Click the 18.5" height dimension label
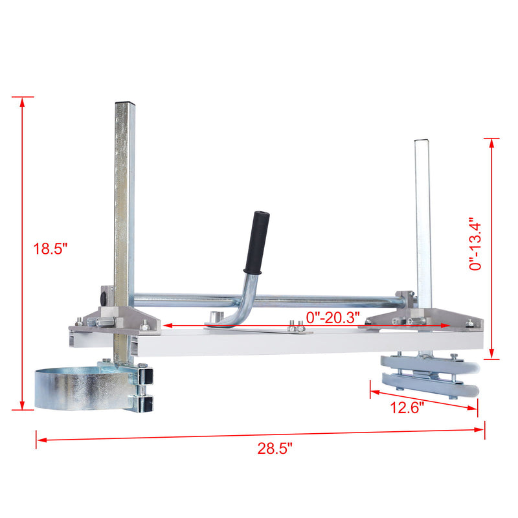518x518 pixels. click(x=51, y=249)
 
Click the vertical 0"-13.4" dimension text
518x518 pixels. click(x=477, y=244)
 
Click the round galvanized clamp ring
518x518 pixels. click(x=76, y=388)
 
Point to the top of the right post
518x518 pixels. click(x=422, y=141)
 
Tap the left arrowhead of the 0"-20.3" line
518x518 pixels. click(x=166, y=326)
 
